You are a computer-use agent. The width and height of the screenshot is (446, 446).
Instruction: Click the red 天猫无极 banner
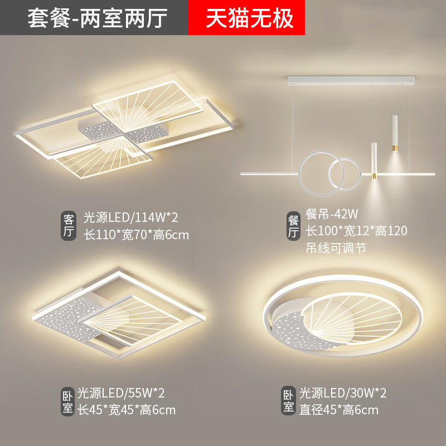(x=246, y=17)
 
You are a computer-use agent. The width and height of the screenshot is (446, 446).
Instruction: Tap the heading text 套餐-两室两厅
(x=97, y=18)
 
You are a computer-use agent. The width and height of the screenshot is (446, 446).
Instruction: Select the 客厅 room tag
(x=69, y=226)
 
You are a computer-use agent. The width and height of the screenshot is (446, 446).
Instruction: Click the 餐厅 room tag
(x=293, y=226)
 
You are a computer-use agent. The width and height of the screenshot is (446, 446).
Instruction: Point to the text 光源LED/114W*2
(x=131, y=217)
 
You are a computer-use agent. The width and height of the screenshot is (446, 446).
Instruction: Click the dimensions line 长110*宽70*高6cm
(x=136, y=235)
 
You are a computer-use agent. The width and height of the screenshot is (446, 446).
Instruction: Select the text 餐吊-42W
(x=332, y=214)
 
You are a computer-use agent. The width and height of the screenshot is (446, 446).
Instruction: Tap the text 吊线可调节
(x=336, y=248)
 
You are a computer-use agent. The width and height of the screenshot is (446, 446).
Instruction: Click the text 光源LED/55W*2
(x=121, y=393)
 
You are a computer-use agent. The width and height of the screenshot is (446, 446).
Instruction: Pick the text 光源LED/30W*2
(x=343, y=393)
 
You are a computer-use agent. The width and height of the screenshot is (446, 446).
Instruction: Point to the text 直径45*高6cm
(x=339, y=410)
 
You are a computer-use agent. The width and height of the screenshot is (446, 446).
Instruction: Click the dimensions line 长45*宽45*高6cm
(x=127, y=410)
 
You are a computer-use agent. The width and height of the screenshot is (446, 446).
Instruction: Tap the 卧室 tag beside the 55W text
(x=67, y=401)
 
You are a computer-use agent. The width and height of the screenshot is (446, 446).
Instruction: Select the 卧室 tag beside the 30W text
(x=288, y=401)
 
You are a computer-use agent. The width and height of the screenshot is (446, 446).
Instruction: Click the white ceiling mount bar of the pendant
(x=351, y=80)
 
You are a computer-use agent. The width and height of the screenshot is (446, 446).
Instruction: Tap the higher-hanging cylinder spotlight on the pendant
(x=395, y=133)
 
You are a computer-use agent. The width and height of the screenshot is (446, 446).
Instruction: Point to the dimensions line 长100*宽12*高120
(x=356, y=231)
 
